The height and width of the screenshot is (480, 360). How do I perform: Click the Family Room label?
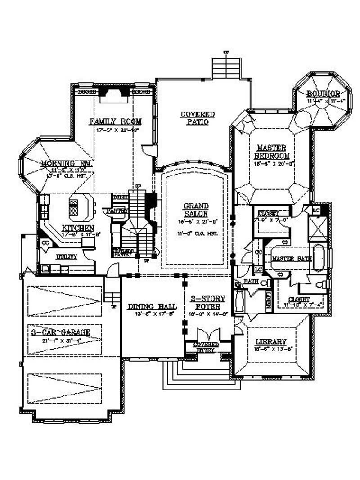click(x=116, y=121)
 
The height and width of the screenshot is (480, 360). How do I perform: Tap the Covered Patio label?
click(x=198, y=118)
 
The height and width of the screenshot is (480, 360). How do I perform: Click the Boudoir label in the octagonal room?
click(x=323, y=94)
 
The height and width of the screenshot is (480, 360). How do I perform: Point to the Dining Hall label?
click(x=152, y=306)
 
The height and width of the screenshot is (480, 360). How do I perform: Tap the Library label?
click(x=269, y=341)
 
